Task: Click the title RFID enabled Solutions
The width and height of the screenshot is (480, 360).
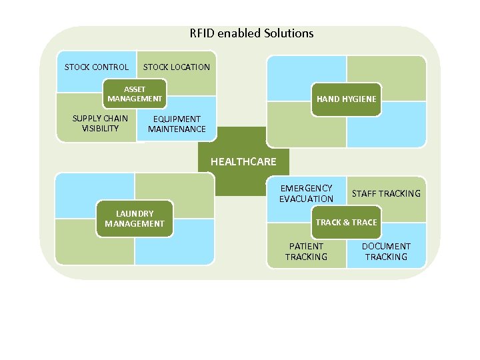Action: (251, 33)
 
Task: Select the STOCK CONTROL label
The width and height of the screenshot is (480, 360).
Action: (97, 67)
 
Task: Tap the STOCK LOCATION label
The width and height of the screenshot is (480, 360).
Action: (176, 67)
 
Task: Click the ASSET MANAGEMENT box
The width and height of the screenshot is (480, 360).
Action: (135, 94)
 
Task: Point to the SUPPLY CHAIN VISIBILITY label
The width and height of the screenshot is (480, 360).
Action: (100, 123)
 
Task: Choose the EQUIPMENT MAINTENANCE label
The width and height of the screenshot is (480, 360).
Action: (177, 124)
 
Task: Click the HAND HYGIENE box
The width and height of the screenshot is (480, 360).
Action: (346, 99)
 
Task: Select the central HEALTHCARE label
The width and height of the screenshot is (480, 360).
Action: (243, 161)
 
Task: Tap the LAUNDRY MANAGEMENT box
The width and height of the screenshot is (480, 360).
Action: (135, 219)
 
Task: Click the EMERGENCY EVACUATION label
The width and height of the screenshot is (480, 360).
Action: (306, 193)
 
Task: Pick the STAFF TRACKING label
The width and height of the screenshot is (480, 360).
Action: (386, 193)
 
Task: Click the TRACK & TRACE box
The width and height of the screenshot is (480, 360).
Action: (346, 222)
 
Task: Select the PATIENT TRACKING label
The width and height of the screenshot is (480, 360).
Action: (306, 251)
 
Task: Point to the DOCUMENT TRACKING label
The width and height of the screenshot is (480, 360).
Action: (386, 251)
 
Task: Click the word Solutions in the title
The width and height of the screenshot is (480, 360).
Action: (289, 33)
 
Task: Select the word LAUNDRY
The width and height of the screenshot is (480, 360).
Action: (135, 213)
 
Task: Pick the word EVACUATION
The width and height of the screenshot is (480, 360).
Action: (306, 199)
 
